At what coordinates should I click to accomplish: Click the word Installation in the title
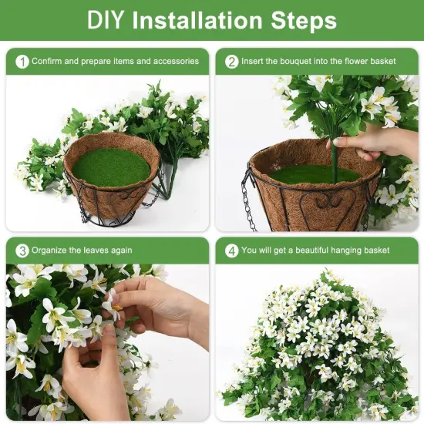(200, 21)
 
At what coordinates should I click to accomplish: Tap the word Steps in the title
(305, 21)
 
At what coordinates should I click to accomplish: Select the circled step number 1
(22, 61)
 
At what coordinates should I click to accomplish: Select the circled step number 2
(231, 61)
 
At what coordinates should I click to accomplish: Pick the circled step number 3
(22, 251)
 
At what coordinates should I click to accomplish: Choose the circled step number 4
(231, 251)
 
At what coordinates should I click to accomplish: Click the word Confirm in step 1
(48, 61)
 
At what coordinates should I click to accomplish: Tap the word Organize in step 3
(51, 251)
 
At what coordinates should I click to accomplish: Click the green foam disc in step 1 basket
(111, 167)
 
